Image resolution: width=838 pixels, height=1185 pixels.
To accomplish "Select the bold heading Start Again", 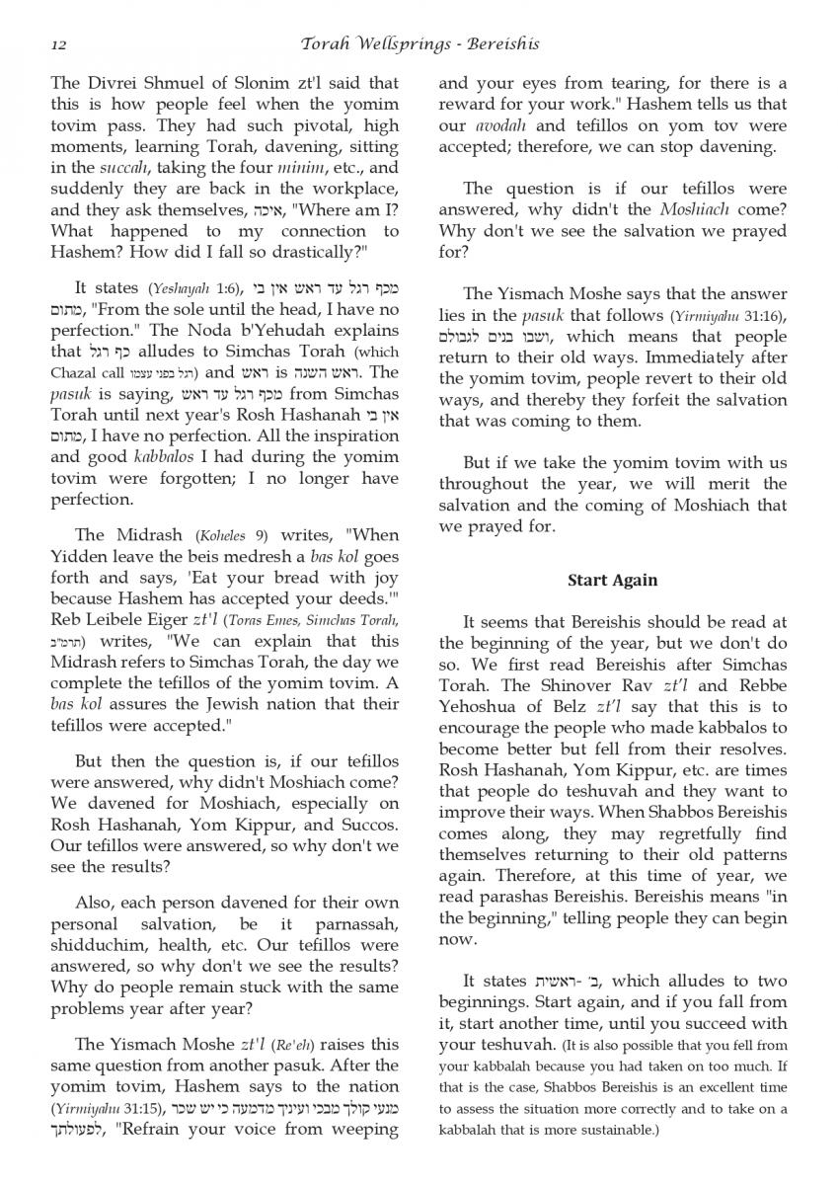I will pyautogui.click(x=612, y=581).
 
